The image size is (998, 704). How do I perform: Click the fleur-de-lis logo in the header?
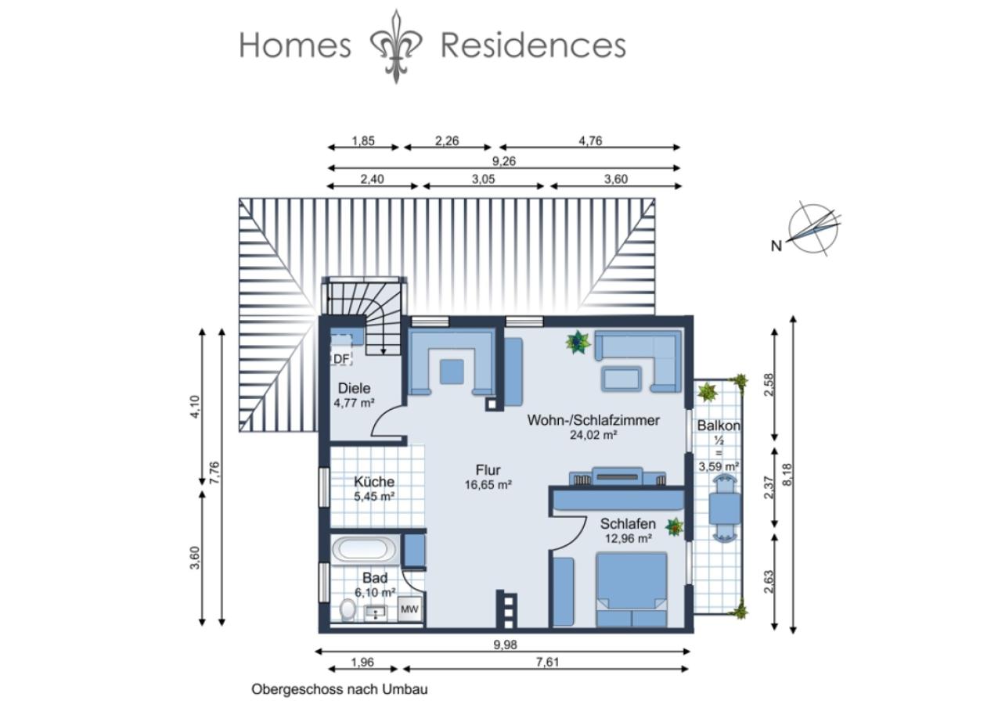point(396,47)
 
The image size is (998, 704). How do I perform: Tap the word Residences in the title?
point(533,45)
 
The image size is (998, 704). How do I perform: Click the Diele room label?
point(355,388)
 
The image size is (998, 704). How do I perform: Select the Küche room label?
point(374,481)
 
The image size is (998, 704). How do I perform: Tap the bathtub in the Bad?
point(363,551)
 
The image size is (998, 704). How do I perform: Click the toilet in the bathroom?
point(347,609)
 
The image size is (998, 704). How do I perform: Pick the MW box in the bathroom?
point(409,609)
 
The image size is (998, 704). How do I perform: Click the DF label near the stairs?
point(342,359)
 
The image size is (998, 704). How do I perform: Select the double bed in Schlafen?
point(632,589)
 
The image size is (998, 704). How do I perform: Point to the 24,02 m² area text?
point(593,435)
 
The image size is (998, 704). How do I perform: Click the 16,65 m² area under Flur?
point(488,485)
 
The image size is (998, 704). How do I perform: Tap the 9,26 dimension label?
point(503,161)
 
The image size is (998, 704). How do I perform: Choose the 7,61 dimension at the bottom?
point(547,662)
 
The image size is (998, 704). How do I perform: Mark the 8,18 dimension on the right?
point(787,475)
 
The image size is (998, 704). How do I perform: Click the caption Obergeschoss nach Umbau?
point(340,689)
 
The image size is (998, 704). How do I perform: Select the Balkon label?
point(719,426)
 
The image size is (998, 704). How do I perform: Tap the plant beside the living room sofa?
point(578,342)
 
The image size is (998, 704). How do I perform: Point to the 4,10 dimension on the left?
point(195,407)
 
